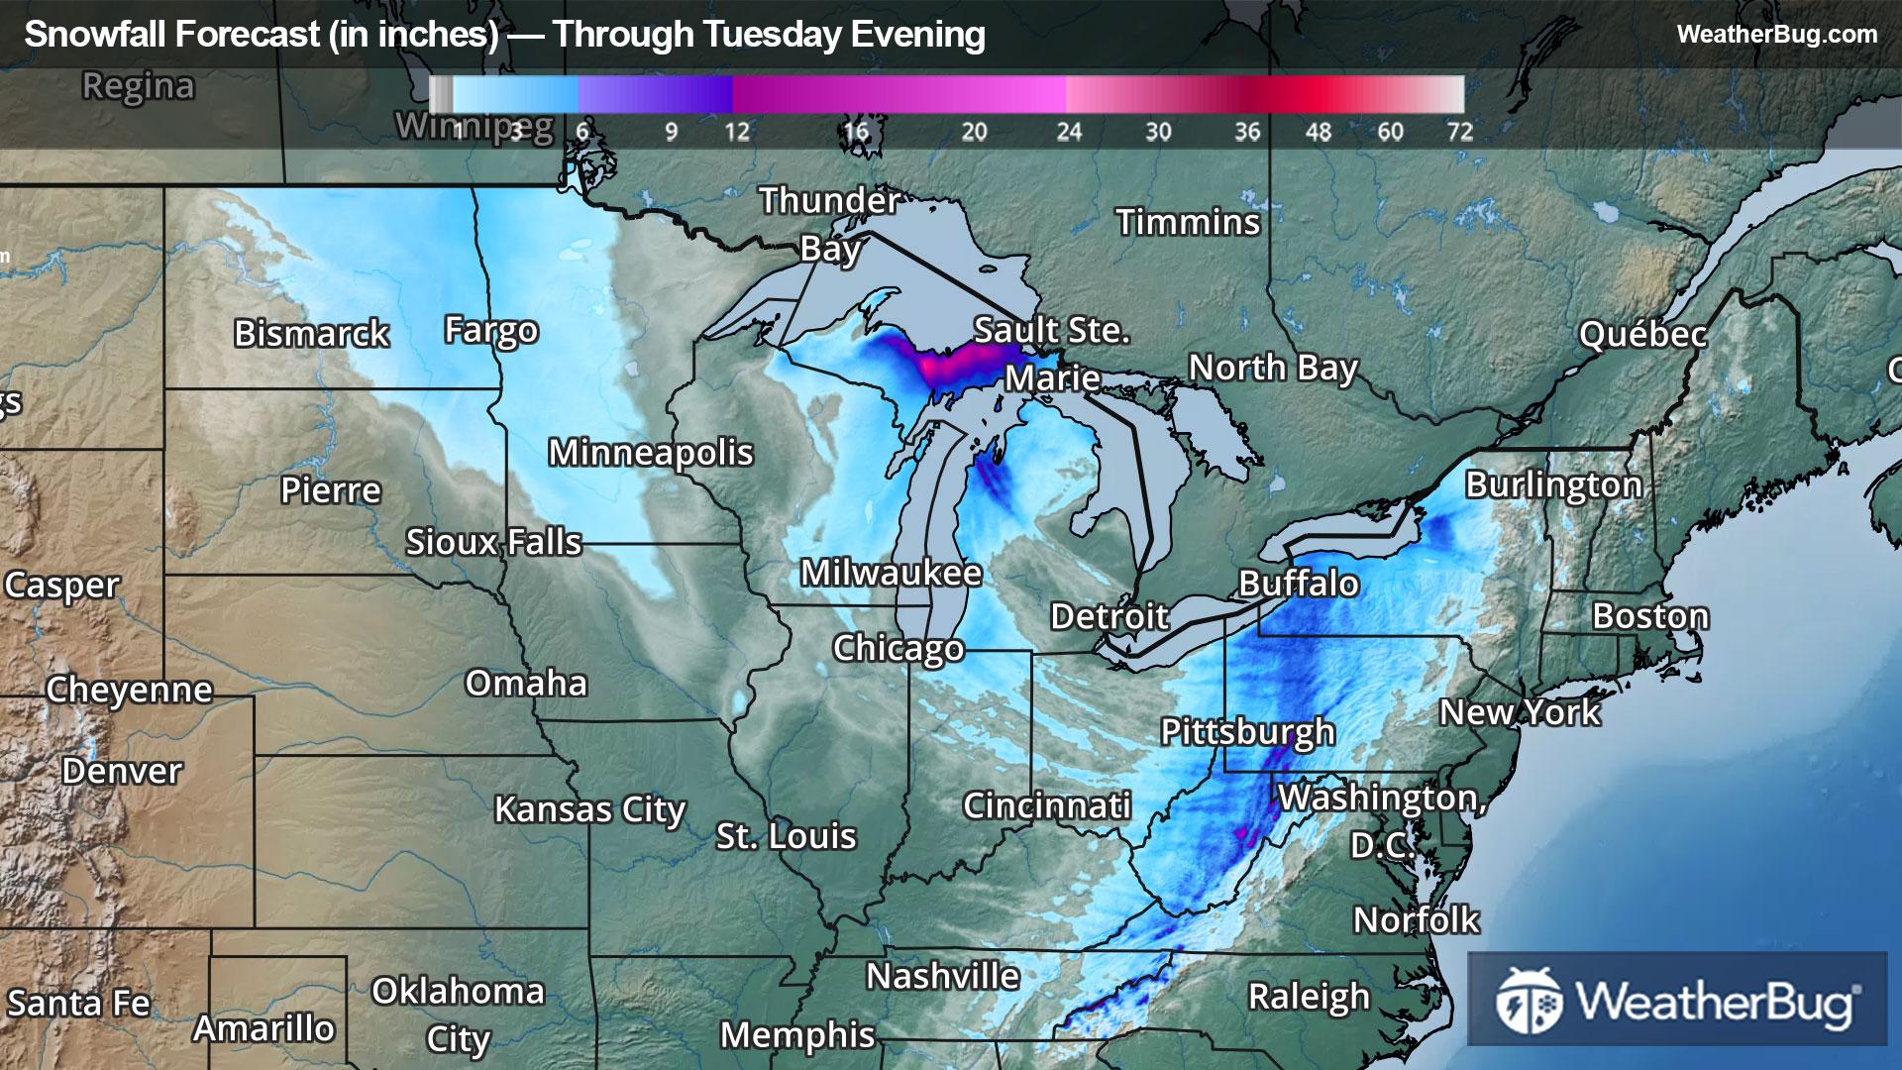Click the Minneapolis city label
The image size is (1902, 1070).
(651, 453)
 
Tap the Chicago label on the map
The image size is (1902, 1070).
(898, 648)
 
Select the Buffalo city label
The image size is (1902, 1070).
(1298, 584)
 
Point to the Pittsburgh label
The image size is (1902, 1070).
(1247, 732)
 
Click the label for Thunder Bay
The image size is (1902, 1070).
(830, 224)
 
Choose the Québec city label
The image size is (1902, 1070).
(1642, 335)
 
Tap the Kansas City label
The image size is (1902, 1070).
(589, 810)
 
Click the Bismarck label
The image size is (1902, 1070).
(311, 334)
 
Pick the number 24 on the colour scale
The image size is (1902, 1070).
(1068, 132)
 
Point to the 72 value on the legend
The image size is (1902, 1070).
(1459, 132)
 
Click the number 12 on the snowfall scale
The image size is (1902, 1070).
(736, 132)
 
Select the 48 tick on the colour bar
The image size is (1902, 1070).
(1318, 132)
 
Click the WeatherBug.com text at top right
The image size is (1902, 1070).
(1776, 35)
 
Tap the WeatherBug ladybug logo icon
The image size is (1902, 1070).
(1529, 1001)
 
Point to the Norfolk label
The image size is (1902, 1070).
(1416, 920)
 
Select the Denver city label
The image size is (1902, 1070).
(122, 771)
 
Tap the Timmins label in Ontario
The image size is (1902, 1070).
(1188, 223)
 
